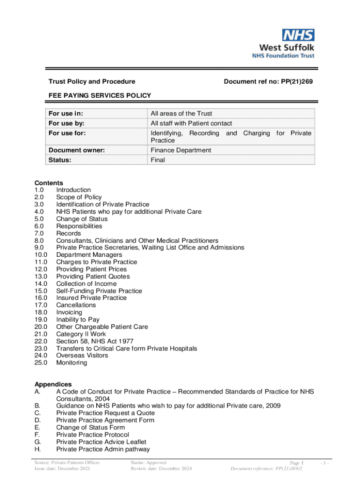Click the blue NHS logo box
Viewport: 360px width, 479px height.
(x=298, y=35)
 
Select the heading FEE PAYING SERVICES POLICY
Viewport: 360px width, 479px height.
(x=100, y=95)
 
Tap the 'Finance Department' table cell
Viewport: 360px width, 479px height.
(x=180, y=150)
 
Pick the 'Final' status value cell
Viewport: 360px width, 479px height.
(x=158, y=160)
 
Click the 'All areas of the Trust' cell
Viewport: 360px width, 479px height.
(x=181, y=113)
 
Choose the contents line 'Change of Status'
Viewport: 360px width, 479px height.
(x=82, y=219)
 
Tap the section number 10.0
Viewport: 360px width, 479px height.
(x=41, y=255)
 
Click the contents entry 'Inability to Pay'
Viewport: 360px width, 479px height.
(x=78, y=319)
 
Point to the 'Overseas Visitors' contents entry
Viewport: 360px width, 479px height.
(x=82, y=356)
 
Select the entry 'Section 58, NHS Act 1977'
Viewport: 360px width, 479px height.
(x=95, y=341)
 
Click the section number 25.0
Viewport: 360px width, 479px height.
(x=41, y=363)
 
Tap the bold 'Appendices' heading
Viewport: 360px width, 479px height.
(x=53, y=384)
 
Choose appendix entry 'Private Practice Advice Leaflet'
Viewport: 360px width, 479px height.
(x=101, y=442)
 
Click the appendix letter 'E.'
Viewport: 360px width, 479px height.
(x=37, y=427)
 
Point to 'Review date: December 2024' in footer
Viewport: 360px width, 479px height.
(x=161, y=468)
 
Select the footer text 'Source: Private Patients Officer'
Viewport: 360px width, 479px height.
(x=67, y=463)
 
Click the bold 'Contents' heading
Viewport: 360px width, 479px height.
(x=49, y=183)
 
